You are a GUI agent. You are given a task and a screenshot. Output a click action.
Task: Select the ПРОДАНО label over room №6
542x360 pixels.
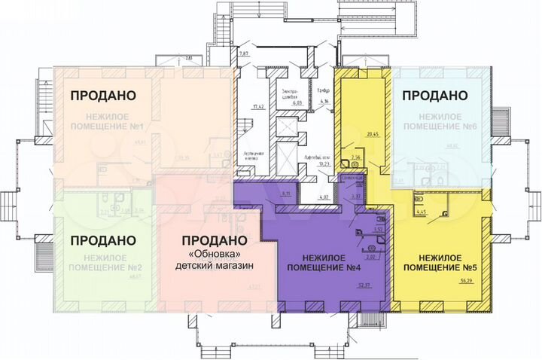click(434, 96)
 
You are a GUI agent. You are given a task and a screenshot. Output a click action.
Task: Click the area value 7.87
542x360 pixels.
click(244, 55)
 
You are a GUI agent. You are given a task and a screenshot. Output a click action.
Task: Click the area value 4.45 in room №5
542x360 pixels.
click(422, 212)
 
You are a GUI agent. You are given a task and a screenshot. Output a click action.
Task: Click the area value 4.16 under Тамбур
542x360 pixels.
click(324, 100)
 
